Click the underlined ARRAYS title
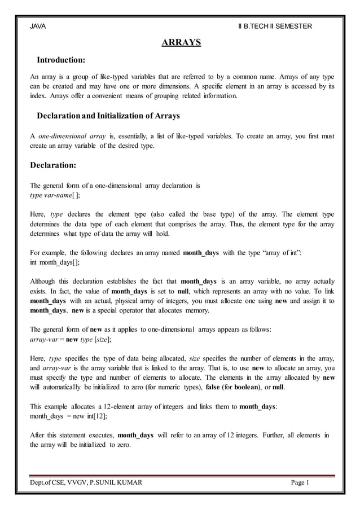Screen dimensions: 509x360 pos(181,42)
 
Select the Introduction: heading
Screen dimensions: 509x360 pos(61,60)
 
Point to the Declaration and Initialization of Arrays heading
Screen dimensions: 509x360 pos(108,116)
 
